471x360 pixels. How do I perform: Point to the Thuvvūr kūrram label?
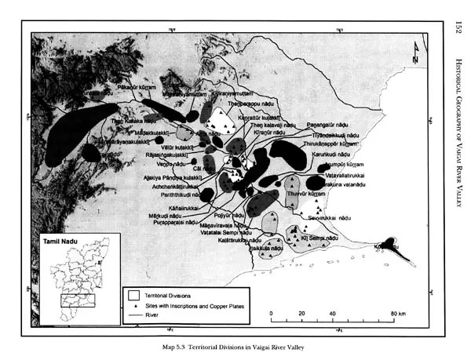pyautogui.click(x=307, y=193)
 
